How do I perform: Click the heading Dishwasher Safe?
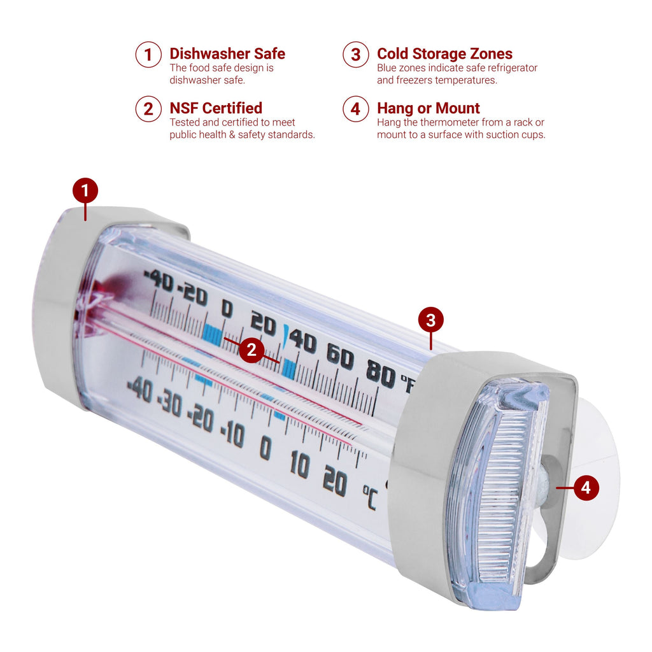tap(227, 53)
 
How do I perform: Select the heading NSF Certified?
tap(215, 108)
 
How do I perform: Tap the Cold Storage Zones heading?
tap(444, 53)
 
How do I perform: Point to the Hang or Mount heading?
tap(428, 108)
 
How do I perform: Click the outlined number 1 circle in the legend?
tap(148, 55)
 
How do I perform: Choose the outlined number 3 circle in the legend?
tap(355, 55)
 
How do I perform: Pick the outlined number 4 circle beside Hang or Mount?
tap(355, 109)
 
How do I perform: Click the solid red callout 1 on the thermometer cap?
tap(85, 190)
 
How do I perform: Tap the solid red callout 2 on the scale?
tap(252, 350)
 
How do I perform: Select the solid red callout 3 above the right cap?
tap(431, 319)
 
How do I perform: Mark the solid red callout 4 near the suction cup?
tap(586, 488)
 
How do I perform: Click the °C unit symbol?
tap(369, 497)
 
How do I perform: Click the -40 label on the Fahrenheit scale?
tap(159, 280)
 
